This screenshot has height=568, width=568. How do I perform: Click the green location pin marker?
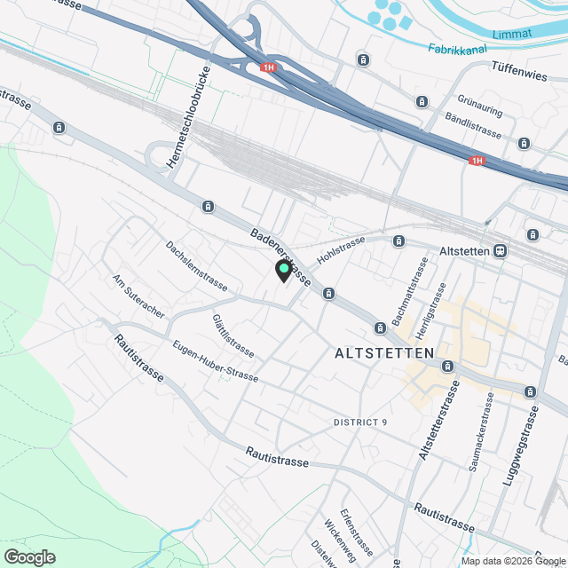[284, 270]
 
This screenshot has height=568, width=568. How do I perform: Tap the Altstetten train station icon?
[501, 251]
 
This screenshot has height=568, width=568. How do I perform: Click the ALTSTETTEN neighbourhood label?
[385, 353]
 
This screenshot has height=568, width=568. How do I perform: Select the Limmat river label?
[515, 33]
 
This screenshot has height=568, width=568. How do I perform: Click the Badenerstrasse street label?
[280, 257]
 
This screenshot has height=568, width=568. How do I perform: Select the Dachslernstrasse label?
[197, 266]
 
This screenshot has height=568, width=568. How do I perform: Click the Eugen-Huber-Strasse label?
[216, 362]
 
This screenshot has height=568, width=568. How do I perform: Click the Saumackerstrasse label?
[486, 430]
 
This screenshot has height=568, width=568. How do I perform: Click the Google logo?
[29, 556]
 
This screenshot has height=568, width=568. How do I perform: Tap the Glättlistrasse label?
[233, 335]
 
